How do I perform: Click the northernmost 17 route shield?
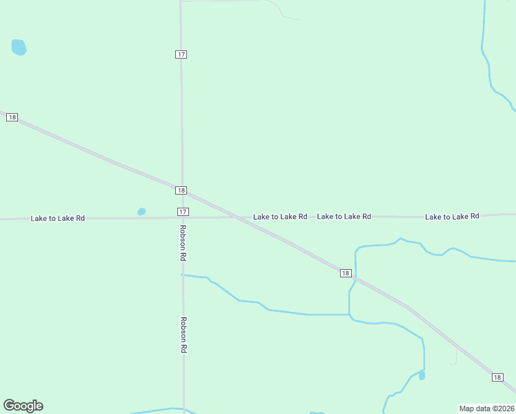(x=181, y=54)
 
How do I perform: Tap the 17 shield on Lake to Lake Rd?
(x=183, y=211)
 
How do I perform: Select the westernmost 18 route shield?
(x=12, y=117)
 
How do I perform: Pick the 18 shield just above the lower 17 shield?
(x=181, y=190)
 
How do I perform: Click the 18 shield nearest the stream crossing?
(x=346, y=273)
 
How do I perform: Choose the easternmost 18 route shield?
(x=497, y=377)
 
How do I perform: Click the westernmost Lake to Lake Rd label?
(x=57, y=218)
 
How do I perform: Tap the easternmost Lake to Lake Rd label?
(x=452, y=217)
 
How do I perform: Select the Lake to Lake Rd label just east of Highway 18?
(x=280, y=217)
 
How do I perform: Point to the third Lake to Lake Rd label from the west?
(x=344, y=217)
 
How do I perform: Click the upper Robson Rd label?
(x=183, y=242)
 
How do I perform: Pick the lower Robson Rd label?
(x=184, y=335)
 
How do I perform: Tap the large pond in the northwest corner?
(x=19, y=47)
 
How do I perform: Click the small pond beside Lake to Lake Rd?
(x=141, y=212)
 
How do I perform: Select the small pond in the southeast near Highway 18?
(x=421, y=376)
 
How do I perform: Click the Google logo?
(x=23, y=406)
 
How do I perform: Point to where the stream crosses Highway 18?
(x=355, y=279)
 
